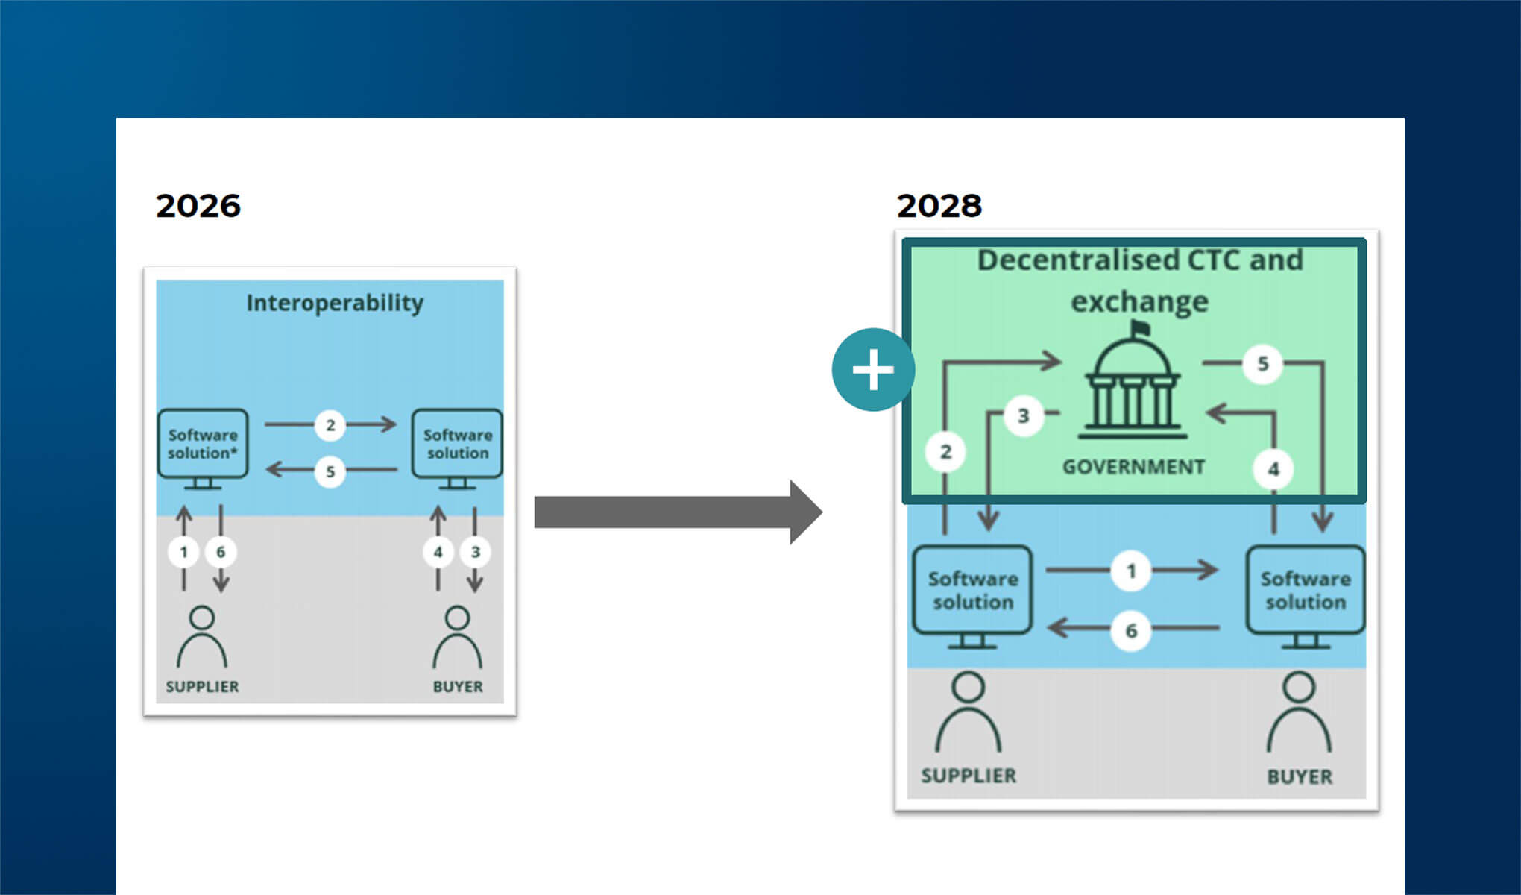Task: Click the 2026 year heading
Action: (198, 206)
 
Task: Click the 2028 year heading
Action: (939, 206)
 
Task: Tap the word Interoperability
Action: (335, 303)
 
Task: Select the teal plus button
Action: (873, 370)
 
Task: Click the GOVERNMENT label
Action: (1133, 467)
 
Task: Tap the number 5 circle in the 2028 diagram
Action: (1262, 364)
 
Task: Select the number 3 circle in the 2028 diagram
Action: (1023, 415)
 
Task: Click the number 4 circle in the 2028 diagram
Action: (1273, 469)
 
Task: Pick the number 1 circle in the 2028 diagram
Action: (1131, 571)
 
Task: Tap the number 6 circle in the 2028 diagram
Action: (1131, 631)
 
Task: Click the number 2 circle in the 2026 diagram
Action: (330, 425)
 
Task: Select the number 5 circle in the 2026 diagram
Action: (330, 471)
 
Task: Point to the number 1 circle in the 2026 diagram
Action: (183, 552)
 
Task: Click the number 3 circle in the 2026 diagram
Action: (475, 552)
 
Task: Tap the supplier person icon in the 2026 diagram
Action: (202, 638)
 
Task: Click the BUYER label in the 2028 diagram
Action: (1300, 776)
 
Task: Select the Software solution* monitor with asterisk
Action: (203, 446)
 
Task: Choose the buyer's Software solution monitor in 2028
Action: (1306, 592)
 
